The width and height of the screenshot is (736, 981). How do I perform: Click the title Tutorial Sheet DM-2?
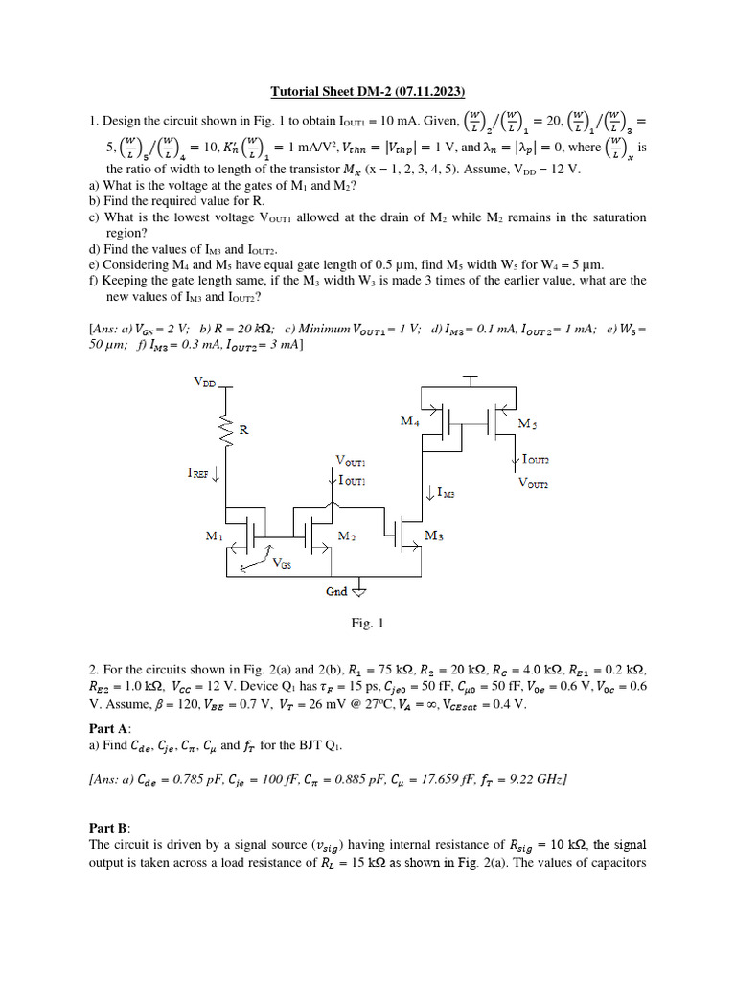click(x=367, y=92)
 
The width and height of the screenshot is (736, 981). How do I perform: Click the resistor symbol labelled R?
click(x=228, y=430)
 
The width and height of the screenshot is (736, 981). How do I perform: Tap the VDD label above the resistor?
click(x=205, y=381)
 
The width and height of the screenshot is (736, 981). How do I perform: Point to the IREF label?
click(x=204, y=471)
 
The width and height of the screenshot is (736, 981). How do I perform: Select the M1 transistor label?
click(x=215, y=537)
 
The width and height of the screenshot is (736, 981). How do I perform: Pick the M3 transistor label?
click(x=433, y=537)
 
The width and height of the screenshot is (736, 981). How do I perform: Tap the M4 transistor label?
click(x=409, y=421)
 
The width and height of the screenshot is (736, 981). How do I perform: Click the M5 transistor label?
click(x=527, y=422)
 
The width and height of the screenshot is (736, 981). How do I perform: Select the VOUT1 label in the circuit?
click(x=352, y=461)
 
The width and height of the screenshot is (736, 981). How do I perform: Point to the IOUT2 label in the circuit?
click(x=536, y=460)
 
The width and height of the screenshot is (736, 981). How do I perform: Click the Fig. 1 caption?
click(x=367, y=623)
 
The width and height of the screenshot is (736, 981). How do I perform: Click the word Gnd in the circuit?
click(x=336, y=591)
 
